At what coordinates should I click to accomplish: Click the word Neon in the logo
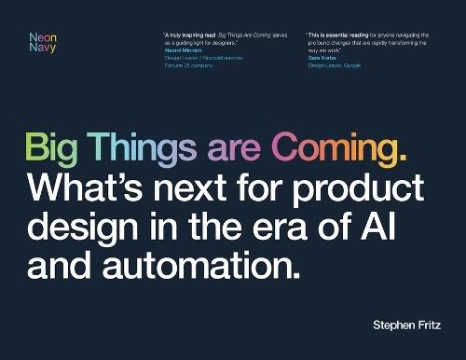pyautogui.click(x=43, y=38)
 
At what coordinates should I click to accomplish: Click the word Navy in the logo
pyautogui.click(x=43, y=48)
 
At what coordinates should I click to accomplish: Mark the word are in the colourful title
pyautogui.click(x=239, y=150)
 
